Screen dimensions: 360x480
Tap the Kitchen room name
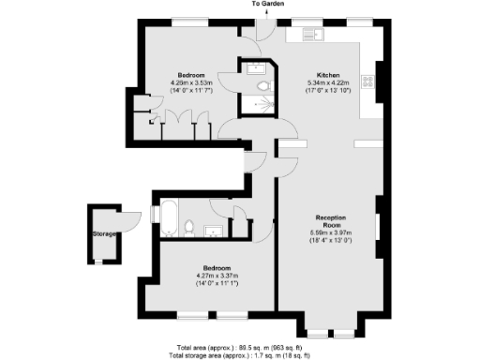pos(327,74)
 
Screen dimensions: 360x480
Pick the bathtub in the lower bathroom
pos(169,217)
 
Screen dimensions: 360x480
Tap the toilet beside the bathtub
pos(189,225)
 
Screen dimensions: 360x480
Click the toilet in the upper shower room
pos(264,86)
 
